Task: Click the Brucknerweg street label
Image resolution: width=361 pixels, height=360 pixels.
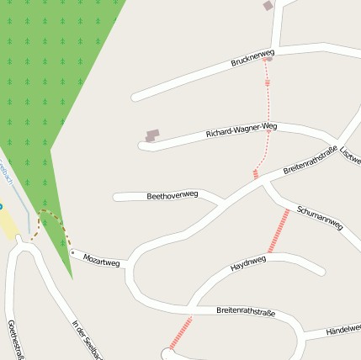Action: click(x=252, y=59)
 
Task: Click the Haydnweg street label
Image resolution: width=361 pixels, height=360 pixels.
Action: click(x=248, y=264)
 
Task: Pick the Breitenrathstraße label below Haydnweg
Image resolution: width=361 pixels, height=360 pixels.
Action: click(x=246, y=311)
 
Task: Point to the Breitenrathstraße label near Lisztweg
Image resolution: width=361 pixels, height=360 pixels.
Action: click(x=311, y=160)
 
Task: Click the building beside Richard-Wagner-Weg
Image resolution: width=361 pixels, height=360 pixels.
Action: click(x=152, y=135)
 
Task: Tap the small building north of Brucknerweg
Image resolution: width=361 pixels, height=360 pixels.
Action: click(x=268, y=6)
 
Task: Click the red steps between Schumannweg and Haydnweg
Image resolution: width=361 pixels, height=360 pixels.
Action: click(x=279, y=230)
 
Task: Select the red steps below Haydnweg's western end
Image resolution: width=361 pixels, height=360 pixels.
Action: click(x=180, y=332)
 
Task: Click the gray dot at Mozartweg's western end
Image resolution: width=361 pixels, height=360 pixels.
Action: click(x=73, y=251)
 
